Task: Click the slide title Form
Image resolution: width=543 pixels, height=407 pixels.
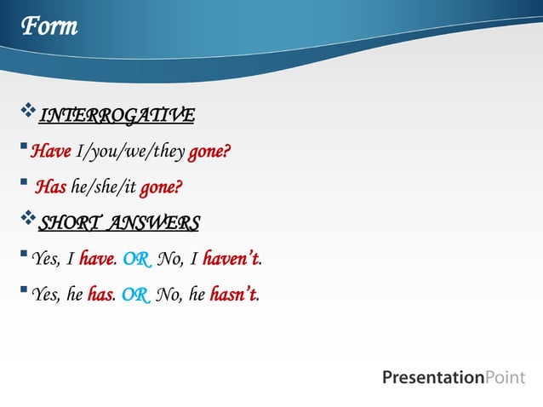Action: (49, 27)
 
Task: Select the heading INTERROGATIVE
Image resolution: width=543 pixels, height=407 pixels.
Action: (117, 115)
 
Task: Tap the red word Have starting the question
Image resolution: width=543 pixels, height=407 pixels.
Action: (50, 152)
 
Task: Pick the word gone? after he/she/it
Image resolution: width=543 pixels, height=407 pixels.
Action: (162, 186)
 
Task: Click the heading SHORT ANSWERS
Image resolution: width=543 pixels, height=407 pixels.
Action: (119, 223)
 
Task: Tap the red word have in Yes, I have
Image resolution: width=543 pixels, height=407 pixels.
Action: (96, 259)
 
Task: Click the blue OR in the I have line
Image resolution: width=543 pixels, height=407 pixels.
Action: (137, 259)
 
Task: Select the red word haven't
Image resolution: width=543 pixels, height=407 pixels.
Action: (230, 259)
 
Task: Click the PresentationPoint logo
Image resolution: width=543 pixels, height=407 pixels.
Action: (453, 377)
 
